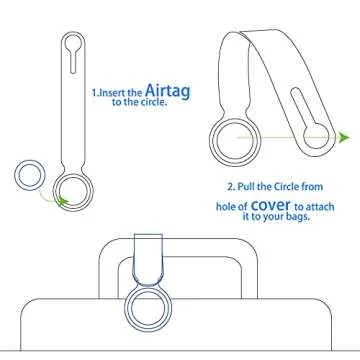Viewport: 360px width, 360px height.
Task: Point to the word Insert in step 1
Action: (113, 91)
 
